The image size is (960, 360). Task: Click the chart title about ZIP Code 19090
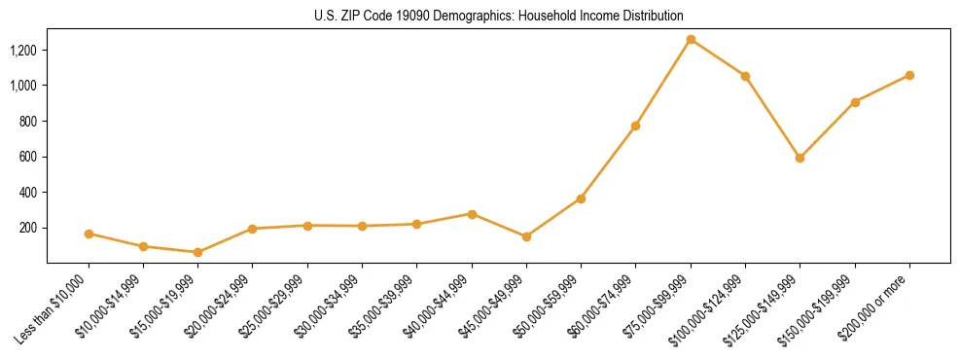pyautogui.click(x=498, y=16)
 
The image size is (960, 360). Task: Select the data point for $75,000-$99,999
pyautogui.click(x=691, y=40)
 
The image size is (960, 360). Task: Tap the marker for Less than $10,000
pyautogui.click(x=89, y=234)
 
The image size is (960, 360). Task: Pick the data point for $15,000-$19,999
pyautogui.click(x=197, y=252)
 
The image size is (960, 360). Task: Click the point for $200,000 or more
pyautogui.click(x=909, y=75)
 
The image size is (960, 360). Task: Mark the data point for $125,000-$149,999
pyautogui.click(x=800, y=158)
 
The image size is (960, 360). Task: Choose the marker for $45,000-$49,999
pyautogui.click(x=526, y=236)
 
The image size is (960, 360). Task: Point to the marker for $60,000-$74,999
pyautogui.click(x=635, y=126)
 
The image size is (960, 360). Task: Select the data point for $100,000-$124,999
pyautogui.click(x=745, y=76)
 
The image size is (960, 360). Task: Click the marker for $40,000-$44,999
pyautogui.click(x=472, y=214)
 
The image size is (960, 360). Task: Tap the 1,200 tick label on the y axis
pyautogui.click(x=23, y=51)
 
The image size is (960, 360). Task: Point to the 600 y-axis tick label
pyautogui.click(x=28, y=157)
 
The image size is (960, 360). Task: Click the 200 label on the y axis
pyautogui.click(x=28, y=228)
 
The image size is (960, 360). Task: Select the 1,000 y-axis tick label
pyautogui.click(x=23, y=86)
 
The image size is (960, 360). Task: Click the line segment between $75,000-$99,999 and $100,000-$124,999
pyautogui.click(x=718, y=58)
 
